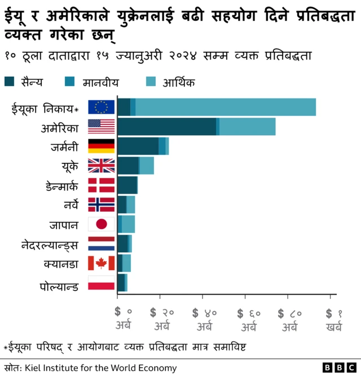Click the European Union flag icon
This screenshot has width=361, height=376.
[x=102, y=107]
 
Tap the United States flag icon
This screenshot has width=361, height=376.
[x=102, y=127]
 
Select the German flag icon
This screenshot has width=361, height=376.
[x=102, y=146]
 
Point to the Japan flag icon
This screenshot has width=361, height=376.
[x=102, y=224]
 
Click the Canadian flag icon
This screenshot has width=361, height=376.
[x=102, y=263]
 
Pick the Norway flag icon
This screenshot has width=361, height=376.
[x=102, y=204]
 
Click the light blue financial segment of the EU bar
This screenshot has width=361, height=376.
[x=226, y=107]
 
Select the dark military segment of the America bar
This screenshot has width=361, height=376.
[x=166, y=127]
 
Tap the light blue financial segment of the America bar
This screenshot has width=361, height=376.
[x=247, y=127]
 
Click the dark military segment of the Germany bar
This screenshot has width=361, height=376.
[x=138, y=146]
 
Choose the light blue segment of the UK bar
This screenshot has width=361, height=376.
[x=147, y=165]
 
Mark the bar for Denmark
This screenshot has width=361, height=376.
[x=127, y=185]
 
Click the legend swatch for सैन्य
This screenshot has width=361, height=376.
[x=10, y=83]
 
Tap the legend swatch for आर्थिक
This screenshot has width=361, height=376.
[x=152, y=83]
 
